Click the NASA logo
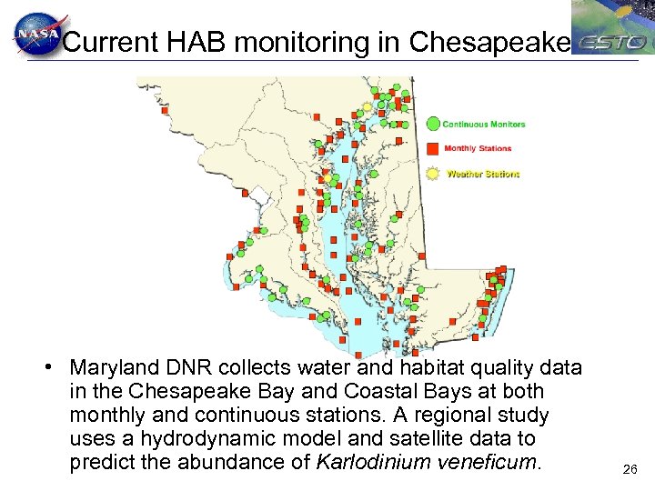coord(36,35)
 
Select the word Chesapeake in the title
coord(490,42)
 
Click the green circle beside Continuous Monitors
coord(433,124)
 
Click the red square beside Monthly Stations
coord(433,148)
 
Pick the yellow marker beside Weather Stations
coord(433,173)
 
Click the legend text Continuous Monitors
coord(483,124)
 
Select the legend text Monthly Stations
coord(478,148)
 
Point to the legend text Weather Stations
coord(482,173)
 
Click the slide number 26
coord(630,470)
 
